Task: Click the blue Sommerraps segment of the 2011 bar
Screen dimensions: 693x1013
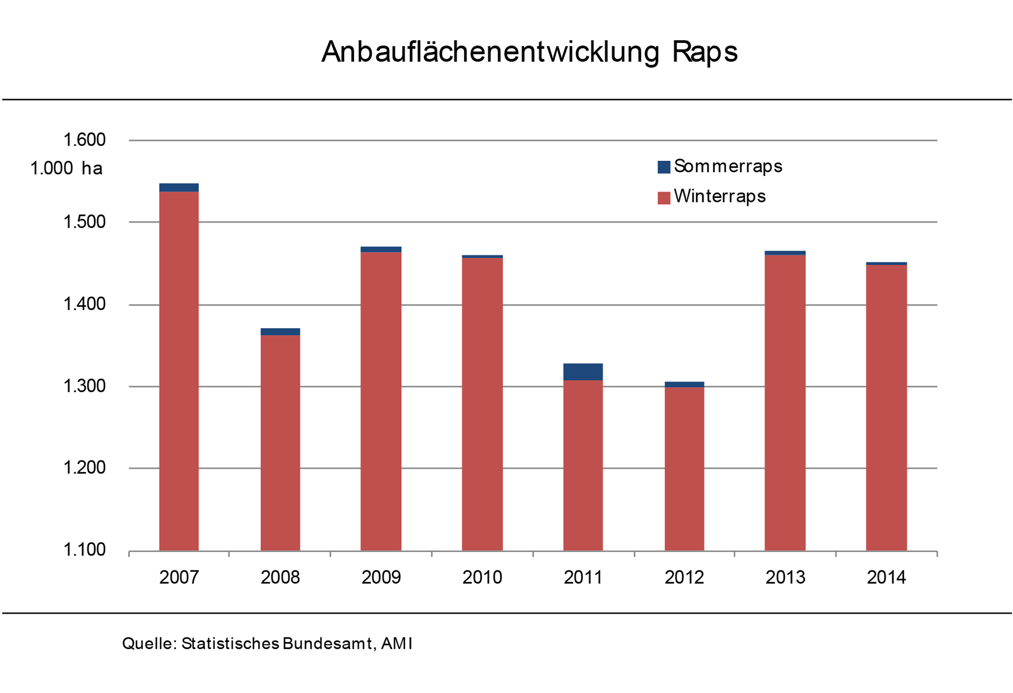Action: tap(583, 371)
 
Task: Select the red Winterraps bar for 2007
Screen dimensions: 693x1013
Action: tap(179, 371)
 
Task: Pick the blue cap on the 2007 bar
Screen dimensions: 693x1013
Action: tap(179, 187)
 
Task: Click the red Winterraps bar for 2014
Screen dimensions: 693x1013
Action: tap(886, 408)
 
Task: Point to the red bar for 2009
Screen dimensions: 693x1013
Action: tap(381, 401)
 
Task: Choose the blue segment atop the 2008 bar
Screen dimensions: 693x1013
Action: tap(280, 331)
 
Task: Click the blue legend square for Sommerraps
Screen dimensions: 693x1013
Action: tap(664, 167)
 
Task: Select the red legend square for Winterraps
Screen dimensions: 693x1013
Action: tap(664, 198)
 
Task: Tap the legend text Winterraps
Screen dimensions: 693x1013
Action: tap(720, 196)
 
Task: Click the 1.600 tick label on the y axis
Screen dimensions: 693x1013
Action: tap(85, 140)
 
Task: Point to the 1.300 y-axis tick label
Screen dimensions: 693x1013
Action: tap(85, 386)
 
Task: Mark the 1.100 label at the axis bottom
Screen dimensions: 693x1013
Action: tap(85, 550)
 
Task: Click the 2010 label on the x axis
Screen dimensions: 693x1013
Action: tap(482, 577)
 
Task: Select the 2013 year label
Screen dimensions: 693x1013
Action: tap(785, 577)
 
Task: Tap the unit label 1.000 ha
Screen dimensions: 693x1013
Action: tap(66, 169)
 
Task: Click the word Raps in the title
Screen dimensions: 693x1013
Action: tap(704, 52)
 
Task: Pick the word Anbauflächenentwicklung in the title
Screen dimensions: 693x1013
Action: tap(490, 52)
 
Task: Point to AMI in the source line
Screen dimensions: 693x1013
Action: tap(397, 644)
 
